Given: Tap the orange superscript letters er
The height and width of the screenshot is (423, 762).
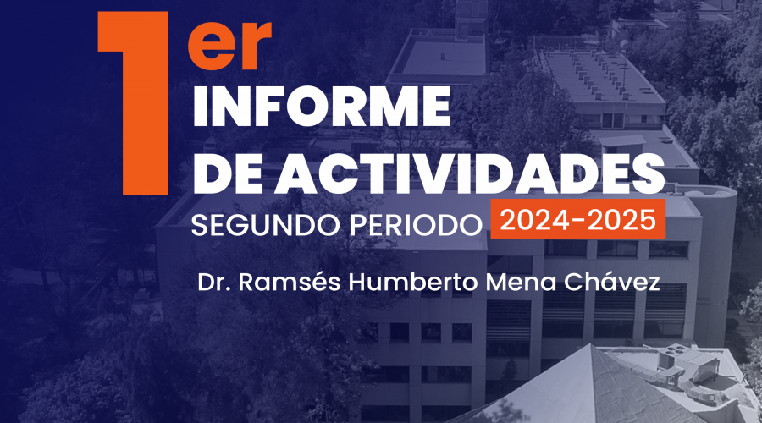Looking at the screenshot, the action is coord(229,45).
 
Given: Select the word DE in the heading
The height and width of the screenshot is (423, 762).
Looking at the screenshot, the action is coord(232,175).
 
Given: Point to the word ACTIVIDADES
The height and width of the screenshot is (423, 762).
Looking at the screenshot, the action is coord(470,175).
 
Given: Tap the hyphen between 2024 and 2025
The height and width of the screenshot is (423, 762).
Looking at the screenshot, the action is coord(577,221).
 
